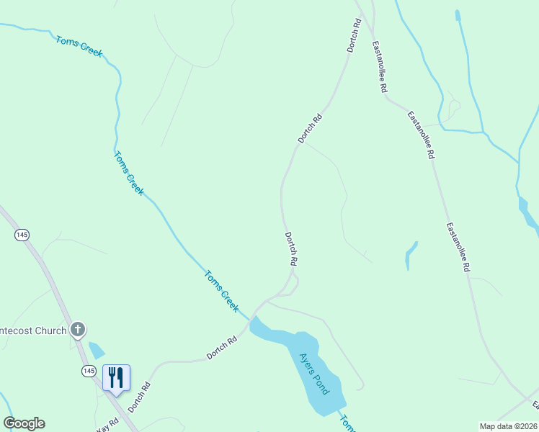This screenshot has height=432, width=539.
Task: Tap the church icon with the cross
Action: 78,330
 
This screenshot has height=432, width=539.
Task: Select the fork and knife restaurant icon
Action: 116,377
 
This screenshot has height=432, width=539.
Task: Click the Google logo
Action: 24,423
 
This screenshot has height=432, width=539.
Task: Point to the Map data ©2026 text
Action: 509,426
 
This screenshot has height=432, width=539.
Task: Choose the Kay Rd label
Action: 106,425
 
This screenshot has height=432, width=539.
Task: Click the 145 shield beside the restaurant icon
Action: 88,370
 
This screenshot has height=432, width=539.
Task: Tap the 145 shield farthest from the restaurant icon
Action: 22,235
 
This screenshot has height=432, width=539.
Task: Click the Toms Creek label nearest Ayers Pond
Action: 221,290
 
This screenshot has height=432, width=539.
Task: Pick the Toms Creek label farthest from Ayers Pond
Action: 79,46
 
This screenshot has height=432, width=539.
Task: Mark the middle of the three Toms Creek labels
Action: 129,174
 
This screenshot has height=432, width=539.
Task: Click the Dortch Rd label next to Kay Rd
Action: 140,397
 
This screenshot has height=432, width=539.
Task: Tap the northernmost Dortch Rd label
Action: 353,34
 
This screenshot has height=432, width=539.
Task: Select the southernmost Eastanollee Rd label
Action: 458,247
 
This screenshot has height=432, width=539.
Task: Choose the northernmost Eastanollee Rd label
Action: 380,67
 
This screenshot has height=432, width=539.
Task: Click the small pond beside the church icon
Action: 96,351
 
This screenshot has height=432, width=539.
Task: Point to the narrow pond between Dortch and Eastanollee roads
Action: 411,255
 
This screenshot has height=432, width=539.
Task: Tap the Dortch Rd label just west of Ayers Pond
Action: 221,348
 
